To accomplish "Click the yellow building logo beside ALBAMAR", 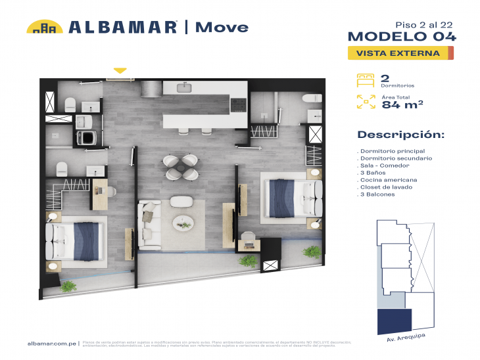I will (44, 27).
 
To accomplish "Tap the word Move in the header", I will (222, 28).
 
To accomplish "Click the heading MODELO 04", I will (401, 36).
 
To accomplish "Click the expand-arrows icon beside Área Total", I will (365, 101).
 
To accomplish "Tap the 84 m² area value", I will (402, 104).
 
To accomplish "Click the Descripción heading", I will (400, 135).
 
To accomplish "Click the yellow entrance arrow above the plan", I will (120, 70).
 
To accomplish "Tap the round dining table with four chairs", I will (180, 167).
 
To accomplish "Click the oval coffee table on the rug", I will (183, 222).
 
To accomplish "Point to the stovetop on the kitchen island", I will (237, 104).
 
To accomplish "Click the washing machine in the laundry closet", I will (86, 137).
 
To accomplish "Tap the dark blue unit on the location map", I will (395, 322).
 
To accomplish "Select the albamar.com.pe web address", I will (52, 343).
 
